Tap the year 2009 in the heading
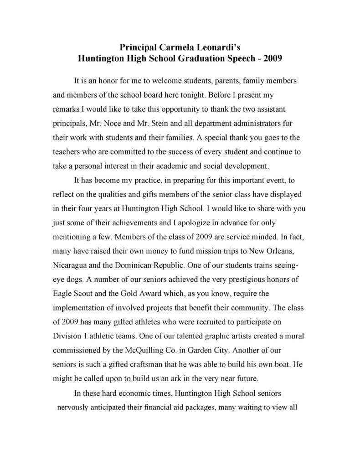point(273,58)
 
